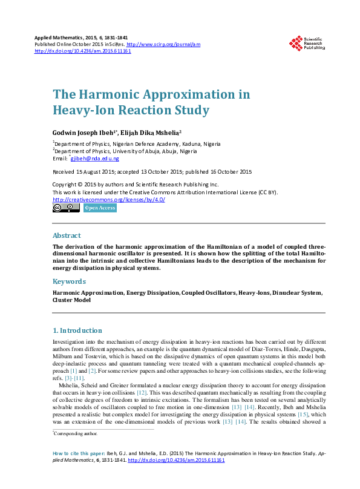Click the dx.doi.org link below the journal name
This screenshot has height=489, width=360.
[x=83, y=51]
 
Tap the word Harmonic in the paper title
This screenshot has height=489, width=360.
[x=114, y=94]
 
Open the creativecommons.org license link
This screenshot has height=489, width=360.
[x=109, y=200]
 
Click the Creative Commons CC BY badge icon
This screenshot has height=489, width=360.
[x=66, y=208]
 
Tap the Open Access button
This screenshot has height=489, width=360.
[x=100, y=208]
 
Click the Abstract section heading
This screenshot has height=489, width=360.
[x=67, y=235]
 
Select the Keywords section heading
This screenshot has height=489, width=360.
[x=69, y=281]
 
